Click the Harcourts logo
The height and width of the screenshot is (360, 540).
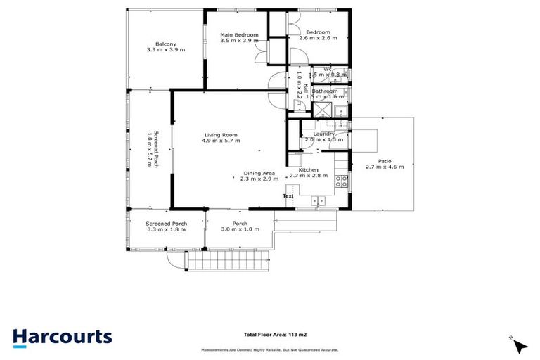click(62, 337)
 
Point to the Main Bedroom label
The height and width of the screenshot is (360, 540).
click(239, 35)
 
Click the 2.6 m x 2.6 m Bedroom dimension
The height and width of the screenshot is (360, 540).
click(318, 39)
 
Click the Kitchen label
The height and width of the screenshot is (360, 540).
click(308, 170)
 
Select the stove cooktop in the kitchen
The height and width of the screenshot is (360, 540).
click(342, 183)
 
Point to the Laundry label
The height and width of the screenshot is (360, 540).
click(323, 134)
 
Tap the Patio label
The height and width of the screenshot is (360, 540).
click(384, 161)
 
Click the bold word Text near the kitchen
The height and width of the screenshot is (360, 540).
click(289, 195)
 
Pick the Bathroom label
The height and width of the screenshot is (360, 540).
click(325, 91)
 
